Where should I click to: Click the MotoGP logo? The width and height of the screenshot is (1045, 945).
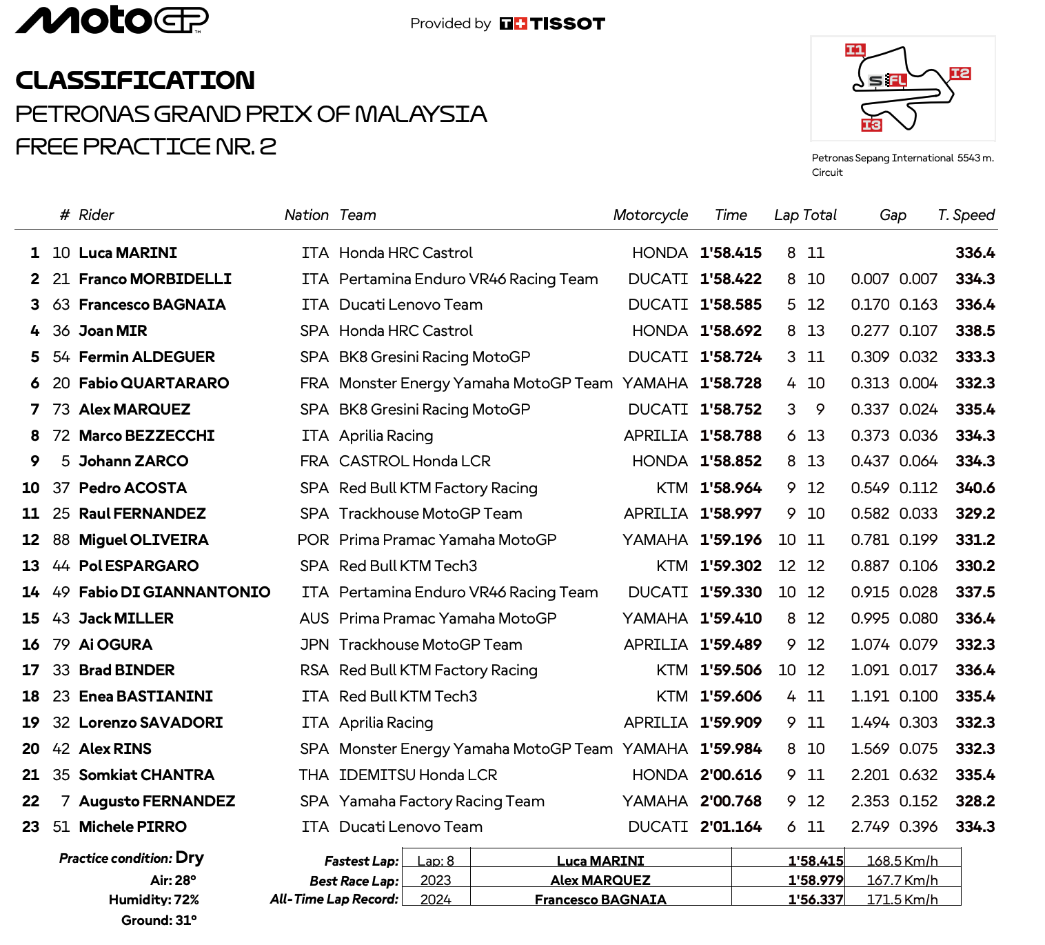[x=112, y=20]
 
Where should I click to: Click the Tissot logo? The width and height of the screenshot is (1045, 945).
[x=552, y=23]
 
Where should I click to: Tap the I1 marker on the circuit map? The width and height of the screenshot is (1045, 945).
[x=855, y=50]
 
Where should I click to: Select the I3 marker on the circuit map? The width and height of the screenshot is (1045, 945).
[x=871, y=125]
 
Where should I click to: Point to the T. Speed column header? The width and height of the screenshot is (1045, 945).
[x=966, y=215]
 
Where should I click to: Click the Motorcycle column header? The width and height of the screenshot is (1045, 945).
[x=650, y=215]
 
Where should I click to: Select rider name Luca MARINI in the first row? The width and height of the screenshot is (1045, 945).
[x=128, y=253]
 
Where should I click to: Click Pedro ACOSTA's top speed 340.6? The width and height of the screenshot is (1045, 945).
[x=975, y=488]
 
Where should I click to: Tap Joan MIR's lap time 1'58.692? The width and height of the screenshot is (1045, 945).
[x=731, y=331]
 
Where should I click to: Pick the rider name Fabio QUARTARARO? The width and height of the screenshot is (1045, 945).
[x=154, y=384]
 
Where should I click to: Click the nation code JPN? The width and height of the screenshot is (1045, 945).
[x=314, y=645]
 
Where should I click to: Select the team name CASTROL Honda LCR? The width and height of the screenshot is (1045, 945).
[x=415, y=461]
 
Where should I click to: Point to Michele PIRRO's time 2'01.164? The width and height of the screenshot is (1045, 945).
[x=731, y=827]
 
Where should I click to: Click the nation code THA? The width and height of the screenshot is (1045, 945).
[x=314, y=775]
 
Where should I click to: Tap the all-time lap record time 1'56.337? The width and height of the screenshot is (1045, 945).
[x=815, y=899]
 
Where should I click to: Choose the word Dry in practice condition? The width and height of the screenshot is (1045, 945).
[x=190, y=858]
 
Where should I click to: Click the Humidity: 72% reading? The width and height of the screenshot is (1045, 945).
[x=154, y=899]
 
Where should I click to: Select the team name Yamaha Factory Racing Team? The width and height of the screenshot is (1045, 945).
[x=442, y=802]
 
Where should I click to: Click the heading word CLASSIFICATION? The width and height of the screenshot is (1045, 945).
[x=135, y=81]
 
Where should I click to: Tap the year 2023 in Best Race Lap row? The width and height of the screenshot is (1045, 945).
[x=436, y=880]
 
